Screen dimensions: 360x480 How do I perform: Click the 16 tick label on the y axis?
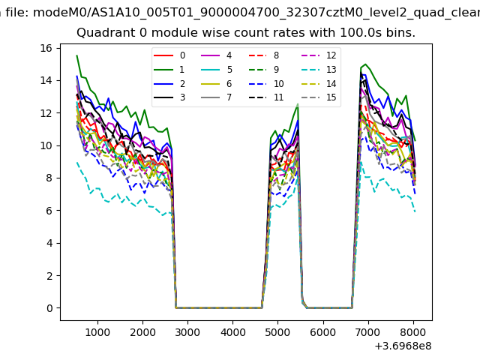pos(45,48)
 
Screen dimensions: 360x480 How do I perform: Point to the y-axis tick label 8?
pos(48,178)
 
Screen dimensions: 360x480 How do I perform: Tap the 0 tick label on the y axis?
pos(48,308)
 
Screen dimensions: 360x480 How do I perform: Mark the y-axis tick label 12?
pos(45,113)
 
